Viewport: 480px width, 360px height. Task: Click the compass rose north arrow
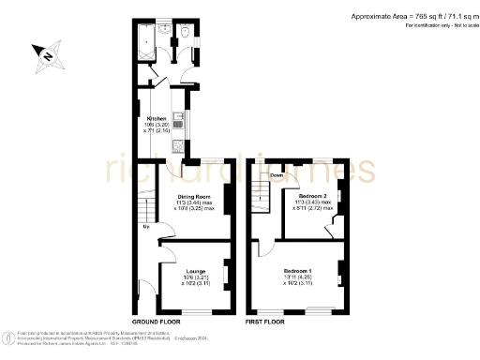point(48,55)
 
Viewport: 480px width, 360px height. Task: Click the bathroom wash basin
point(166,29)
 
